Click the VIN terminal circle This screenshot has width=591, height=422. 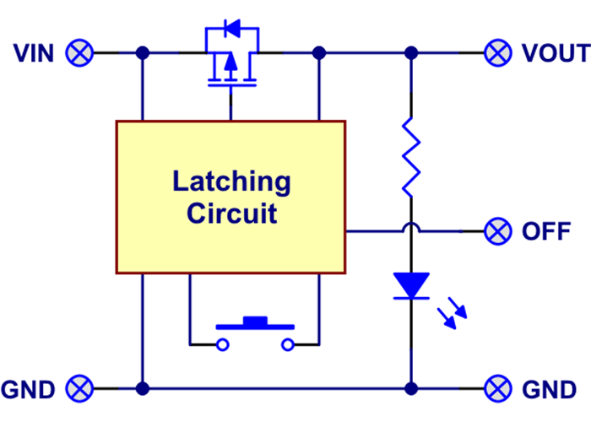pos(80,53)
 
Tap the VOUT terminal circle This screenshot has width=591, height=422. pos(498,53)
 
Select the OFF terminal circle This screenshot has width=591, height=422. pos(498,230)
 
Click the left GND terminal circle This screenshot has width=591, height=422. pos(80,389)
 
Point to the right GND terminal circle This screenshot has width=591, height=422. pos(498,389)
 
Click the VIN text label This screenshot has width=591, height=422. pos(34,53)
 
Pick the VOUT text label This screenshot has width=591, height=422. pos(555,53)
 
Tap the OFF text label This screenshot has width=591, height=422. pos(546,230)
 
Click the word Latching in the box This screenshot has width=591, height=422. pos(231,181)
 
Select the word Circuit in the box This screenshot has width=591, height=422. pos(231,213)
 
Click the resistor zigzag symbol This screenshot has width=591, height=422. pos(411,157)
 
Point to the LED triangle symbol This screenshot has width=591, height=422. pos(412,285)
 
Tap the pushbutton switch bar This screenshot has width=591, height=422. pos(255,323)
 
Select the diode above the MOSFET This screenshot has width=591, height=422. pos(231,32)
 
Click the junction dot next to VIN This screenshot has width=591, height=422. pos(143,53)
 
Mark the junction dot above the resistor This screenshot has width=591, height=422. pos(411,53)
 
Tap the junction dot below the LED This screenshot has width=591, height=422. pos(411,389)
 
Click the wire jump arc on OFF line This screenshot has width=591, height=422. pos(411,228)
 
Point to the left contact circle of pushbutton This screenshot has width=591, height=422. pos(222,344)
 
